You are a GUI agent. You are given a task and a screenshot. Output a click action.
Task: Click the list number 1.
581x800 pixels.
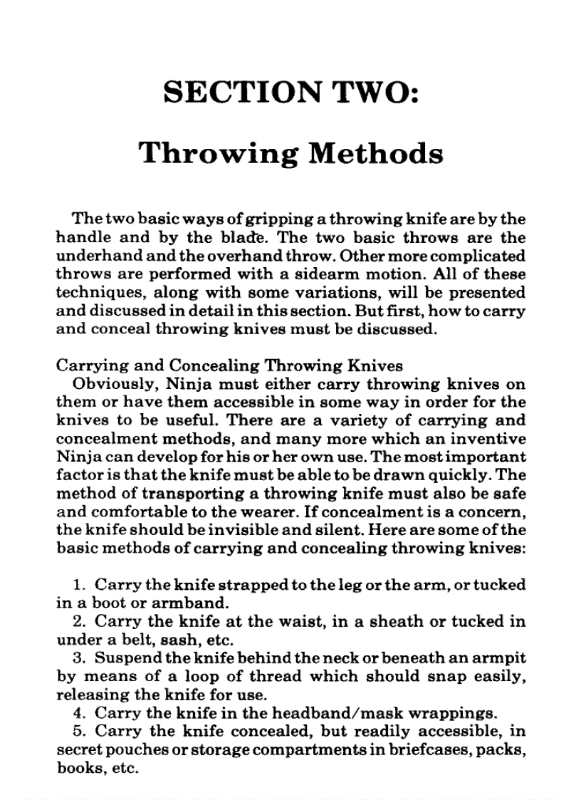(78, 586)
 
